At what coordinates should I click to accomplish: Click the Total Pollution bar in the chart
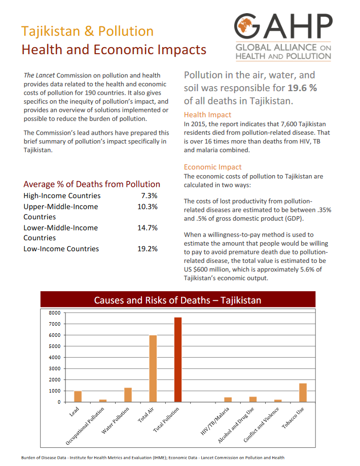coord(177,360)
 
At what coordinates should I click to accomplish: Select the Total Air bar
coord(153,368)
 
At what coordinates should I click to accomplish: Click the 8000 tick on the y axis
coord(54,313)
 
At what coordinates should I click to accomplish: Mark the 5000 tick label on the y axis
coord(54,346)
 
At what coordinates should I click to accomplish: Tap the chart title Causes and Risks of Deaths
coord(177,300)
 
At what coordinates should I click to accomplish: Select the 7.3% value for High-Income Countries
coord(149,196)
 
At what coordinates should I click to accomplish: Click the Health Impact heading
coord(207,114)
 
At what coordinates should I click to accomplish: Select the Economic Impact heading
coord(212,167)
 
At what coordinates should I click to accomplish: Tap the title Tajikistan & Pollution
coord(87,31)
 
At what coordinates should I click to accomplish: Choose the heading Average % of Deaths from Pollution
coord(92,184)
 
